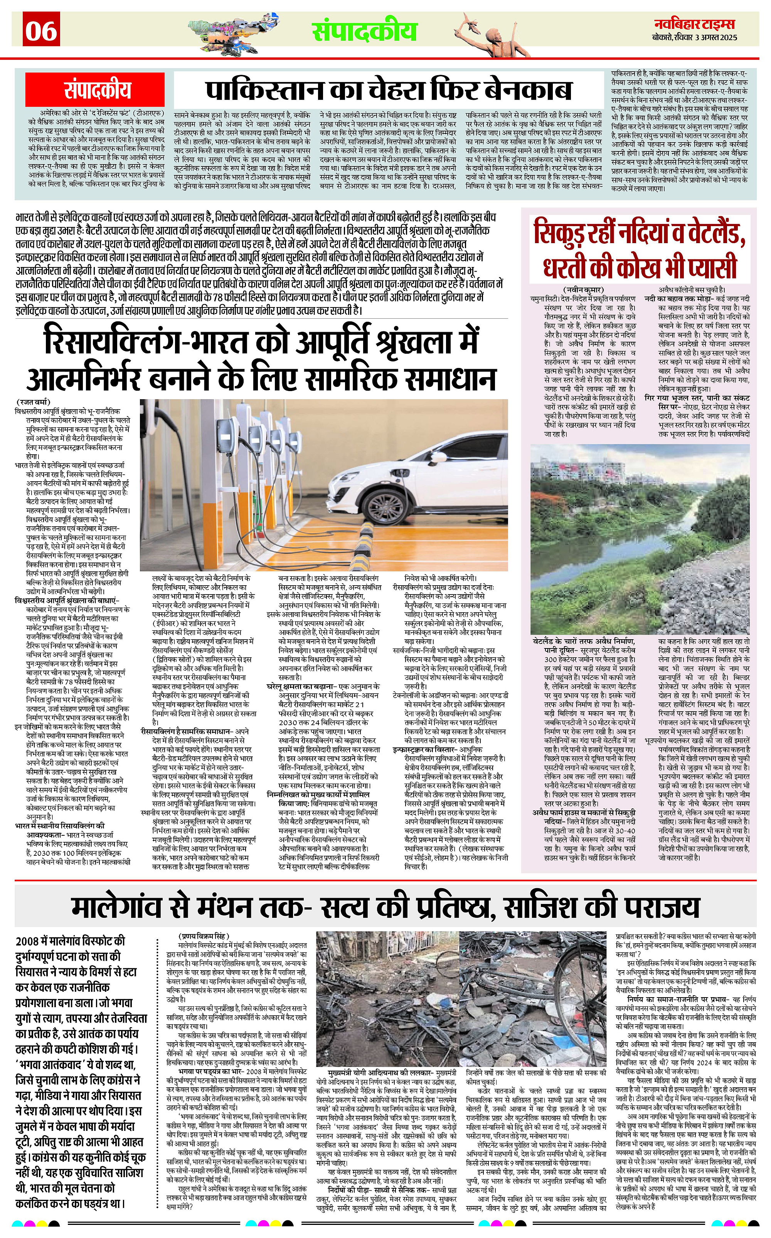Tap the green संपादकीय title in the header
click(x=365, y=30)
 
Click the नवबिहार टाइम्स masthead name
click(x=695, y=24)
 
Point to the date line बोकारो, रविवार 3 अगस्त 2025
click(x=695, y=38)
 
